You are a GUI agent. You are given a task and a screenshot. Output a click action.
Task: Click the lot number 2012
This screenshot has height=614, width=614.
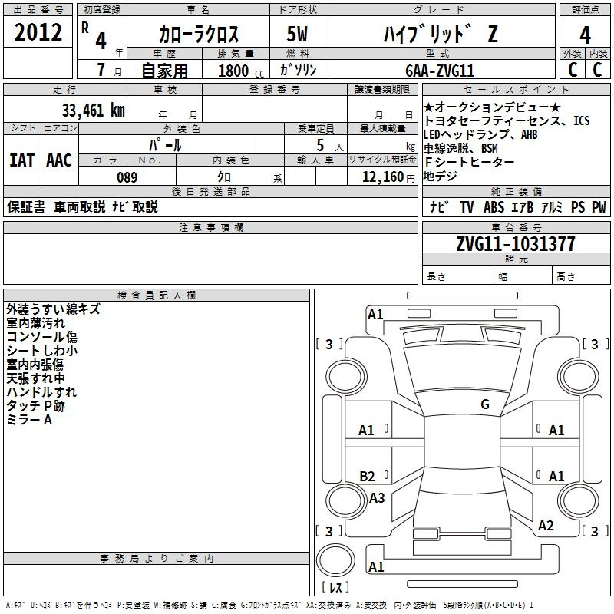[38, 32]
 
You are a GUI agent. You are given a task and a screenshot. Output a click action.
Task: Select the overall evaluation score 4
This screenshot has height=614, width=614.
[585, 35]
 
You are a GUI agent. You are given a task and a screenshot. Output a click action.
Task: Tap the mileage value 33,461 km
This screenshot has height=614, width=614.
[93, 111]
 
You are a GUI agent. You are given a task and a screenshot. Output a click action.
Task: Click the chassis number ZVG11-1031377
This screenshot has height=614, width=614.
[516, 244]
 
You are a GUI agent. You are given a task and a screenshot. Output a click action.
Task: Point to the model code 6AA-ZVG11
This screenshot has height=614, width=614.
[440, 71]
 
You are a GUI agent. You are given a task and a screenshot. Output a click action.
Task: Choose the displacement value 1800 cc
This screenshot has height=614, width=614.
[241, 71]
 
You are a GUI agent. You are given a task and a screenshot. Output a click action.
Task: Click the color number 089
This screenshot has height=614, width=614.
[127, 177]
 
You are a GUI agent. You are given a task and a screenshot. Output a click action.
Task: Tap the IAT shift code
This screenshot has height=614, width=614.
[21, 160]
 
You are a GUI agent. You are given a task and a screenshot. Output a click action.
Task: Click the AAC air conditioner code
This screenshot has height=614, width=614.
[59, 160]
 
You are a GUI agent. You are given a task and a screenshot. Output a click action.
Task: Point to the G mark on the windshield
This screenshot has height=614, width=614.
[485, 404]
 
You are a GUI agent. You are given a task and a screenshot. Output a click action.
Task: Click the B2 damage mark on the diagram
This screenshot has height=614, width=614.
[367, 476]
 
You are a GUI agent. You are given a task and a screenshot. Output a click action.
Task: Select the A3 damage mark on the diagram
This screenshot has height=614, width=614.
[377, 497]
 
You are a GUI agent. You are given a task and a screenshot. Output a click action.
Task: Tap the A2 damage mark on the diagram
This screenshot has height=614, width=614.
[546, 526]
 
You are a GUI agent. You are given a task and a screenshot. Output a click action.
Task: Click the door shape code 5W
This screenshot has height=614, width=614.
[297, 34]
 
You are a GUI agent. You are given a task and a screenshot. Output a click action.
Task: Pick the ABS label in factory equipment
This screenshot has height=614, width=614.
[494, 207]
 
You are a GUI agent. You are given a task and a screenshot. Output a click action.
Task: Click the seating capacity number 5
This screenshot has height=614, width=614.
[320, 145]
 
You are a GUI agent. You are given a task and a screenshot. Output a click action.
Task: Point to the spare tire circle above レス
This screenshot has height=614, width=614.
[335, 560]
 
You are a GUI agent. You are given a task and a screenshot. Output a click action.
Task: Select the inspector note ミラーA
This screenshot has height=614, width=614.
[29, 420]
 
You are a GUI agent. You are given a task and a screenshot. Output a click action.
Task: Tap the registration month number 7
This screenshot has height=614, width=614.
[101, 70]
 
